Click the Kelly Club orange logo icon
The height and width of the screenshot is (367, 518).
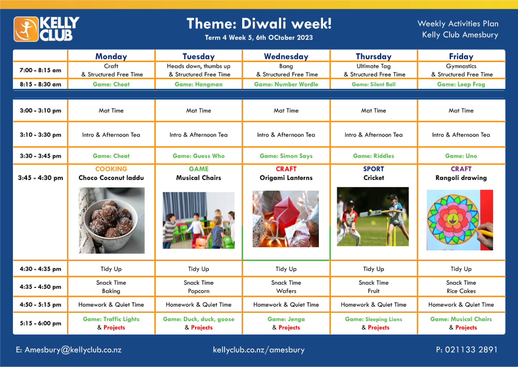click(26, 29)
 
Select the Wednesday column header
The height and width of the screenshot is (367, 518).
click(286, 57)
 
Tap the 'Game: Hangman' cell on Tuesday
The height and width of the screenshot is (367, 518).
click(198, 84)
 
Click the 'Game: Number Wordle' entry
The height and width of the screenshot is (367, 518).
click(286, 84)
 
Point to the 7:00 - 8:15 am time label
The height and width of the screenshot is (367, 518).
click(40, 70)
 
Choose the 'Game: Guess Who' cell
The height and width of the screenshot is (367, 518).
click(198, 156)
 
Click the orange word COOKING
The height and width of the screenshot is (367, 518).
click(111, 169)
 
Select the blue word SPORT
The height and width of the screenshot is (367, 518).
click(373, 169)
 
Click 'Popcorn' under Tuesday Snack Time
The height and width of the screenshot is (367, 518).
click(199, 291)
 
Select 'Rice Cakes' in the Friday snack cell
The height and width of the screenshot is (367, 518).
click(461, 291)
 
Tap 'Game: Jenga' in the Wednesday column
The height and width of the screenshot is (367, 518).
click(286, 319)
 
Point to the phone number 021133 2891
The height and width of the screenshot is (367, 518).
click(471, 350)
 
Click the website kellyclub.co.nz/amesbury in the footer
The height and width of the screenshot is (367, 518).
click(259, 350)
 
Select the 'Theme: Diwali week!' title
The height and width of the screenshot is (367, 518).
click(259, 24)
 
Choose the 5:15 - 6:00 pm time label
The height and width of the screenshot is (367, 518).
click(40, 323)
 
